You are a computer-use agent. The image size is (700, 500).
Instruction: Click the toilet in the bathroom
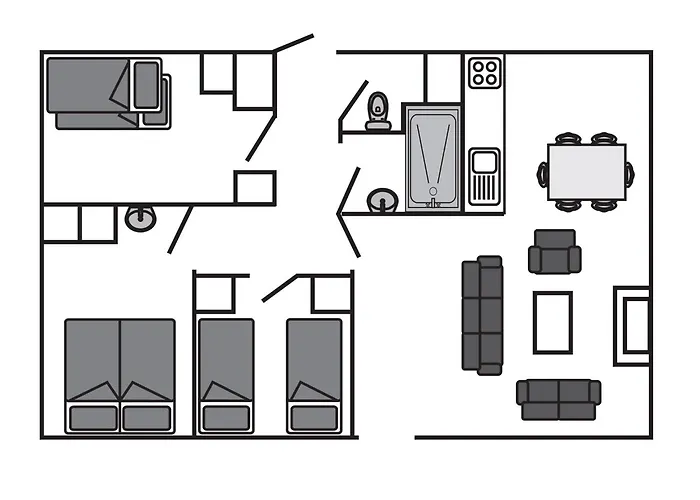pos(378,110)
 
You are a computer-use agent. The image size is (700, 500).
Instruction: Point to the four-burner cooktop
pos(485,72)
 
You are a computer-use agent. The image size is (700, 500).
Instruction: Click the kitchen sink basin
pos(484,161)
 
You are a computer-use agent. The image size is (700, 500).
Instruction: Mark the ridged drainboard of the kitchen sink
pos(484,187)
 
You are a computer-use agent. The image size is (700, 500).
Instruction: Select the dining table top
pos(587,171)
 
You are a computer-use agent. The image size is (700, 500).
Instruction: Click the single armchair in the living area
pos(554,254)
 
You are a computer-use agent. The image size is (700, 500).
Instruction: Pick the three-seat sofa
pos(482,315)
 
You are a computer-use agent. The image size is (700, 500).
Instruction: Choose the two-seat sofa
pos(558,399)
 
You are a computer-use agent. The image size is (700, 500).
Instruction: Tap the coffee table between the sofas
pos(553,322)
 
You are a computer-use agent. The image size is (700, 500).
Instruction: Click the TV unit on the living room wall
pos(633,322)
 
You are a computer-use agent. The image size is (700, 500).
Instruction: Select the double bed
pos(120,375)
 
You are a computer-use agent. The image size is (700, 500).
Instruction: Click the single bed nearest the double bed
pos(226,375)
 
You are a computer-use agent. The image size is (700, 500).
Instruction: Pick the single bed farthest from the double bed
pos(315,375)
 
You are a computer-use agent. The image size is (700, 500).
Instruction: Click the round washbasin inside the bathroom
pos(381,201)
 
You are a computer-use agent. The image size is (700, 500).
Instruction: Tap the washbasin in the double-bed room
pos(139,217)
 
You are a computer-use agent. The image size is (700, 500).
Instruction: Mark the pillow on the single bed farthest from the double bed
pos(315,416)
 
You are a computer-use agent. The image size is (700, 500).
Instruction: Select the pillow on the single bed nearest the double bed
pos(226,416)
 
